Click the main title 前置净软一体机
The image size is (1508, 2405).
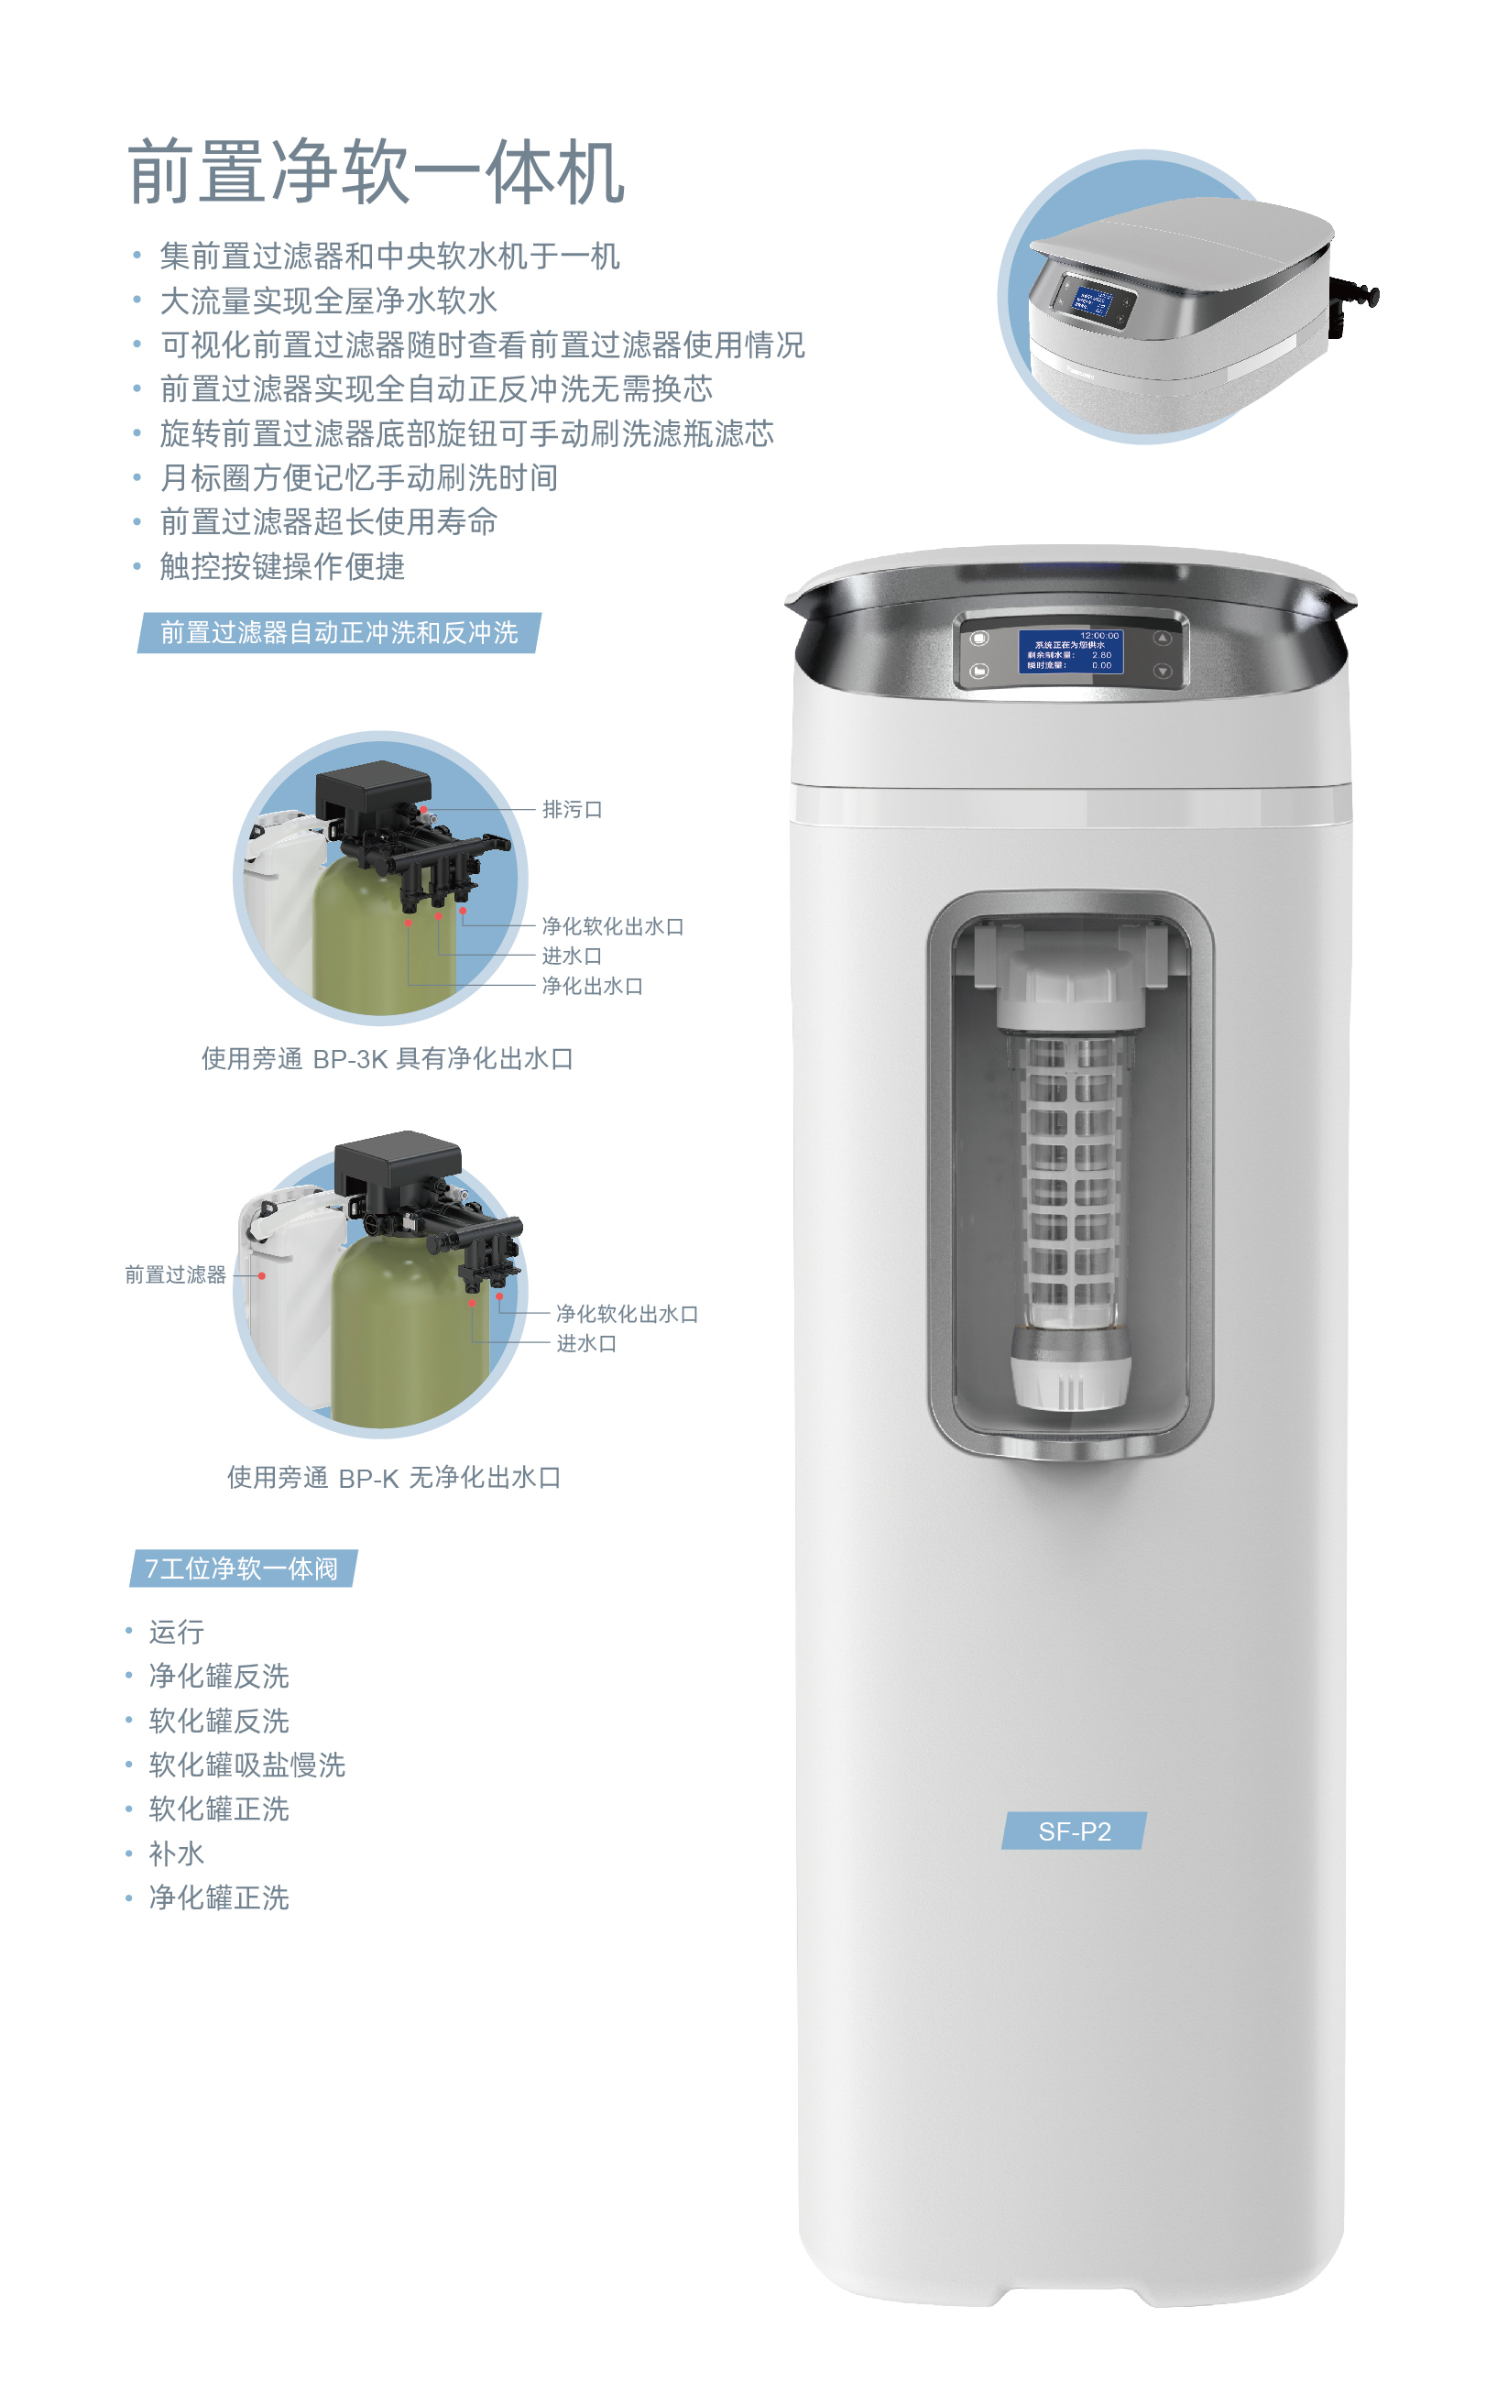pos(376,172)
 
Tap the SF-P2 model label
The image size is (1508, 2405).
pos(1074,1831)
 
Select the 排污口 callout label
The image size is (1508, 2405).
pos(572,810)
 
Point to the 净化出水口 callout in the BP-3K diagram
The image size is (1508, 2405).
pos(592,986)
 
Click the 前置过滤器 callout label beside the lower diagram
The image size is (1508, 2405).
pos(176,1274)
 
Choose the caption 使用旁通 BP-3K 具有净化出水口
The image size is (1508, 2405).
pos(387,1059)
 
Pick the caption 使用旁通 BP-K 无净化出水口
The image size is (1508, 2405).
pos(394,1478)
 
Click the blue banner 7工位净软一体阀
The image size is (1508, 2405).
pos(243,1569)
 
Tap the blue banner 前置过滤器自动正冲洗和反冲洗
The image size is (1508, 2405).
pos(339,633)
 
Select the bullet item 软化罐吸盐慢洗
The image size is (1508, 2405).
pos(246,1765)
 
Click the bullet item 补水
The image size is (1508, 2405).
pos(177,1853)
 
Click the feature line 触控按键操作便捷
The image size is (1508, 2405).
pos(282,566)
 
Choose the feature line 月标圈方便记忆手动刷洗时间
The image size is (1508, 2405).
pos(359,477)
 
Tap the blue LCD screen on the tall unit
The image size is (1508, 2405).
pos(1070,651)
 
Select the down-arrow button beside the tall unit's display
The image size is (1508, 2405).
pos(1162,671)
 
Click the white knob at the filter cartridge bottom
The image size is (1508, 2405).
pos(1070,1379)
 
